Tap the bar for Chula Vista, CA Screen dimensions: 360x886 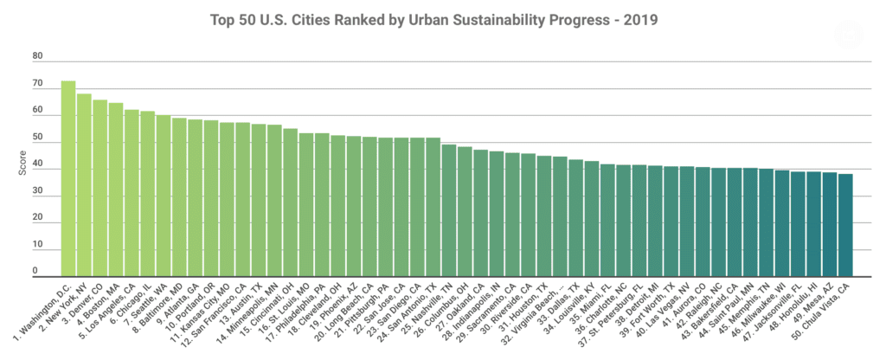[x=845, y=224]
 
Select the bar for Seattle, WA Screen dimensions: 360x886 [x=164, y=195]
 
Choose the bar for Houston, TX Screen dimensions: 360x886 [x=544, y=215]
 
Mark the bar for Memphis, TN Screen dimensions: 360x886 [x=766, y=222]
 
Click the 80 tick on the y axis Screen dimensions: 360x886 [x=37, y=57]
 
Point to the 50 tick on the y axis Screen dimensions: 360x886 [x=37, y=138]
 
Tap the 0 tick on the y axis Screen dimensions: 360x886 [x=37, y=272]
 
